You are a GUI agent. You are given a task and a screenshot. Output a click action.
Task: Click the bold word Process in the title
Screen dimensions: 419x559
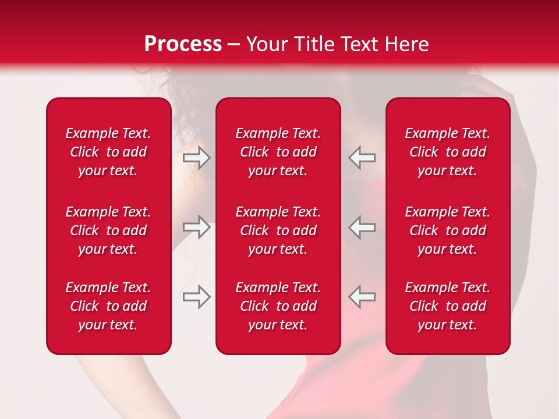183,44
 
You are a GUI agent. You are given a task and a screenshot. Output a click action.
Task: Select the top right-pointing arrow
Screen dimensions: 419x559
197,158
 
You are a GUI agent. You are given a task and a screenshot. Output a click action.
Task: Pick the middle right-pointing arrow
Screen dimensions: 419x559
197,227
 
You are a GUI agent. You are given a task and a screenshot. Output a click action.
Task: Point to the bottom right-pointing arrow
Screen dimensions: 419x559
197,297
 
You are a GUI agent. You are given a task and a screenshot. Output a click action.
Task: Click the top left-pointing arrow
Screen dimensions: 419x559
362,158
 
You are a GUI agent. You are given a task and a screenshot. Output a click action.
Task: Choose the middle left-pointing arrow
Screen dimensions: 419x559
362,227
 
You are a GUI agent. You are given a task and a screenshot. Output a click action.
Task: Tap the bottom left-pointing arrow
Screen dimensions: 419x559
362,297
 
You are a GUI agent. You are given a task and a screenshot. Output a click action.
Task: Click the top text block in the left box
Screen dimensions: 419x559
108,152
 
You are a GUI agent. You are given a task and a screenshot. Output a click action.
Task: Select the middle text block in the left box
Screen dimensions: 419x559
108,230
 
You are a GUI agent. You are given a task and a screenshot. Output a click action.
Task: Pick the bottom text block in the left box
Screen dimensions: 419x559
108,306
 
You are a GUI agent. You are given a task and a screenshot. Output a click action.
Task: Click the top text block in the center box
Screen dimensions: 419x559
278,152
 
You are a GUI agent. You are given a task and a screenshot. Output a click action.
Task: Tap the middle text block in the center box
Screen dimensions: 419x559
278,230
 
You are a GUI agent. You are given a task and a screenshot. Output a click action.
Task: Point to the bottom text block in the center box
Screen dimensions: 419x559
278,306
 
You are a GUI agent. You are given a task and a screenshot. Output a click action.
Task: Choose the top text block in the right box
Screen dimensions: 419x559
448,152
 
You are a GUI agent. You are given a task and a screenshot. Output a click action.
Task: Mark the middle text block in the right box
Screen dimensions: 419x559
448,230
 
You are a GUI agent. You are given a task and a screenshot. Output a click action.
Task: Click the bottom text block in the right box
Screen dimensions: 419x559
448,306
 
